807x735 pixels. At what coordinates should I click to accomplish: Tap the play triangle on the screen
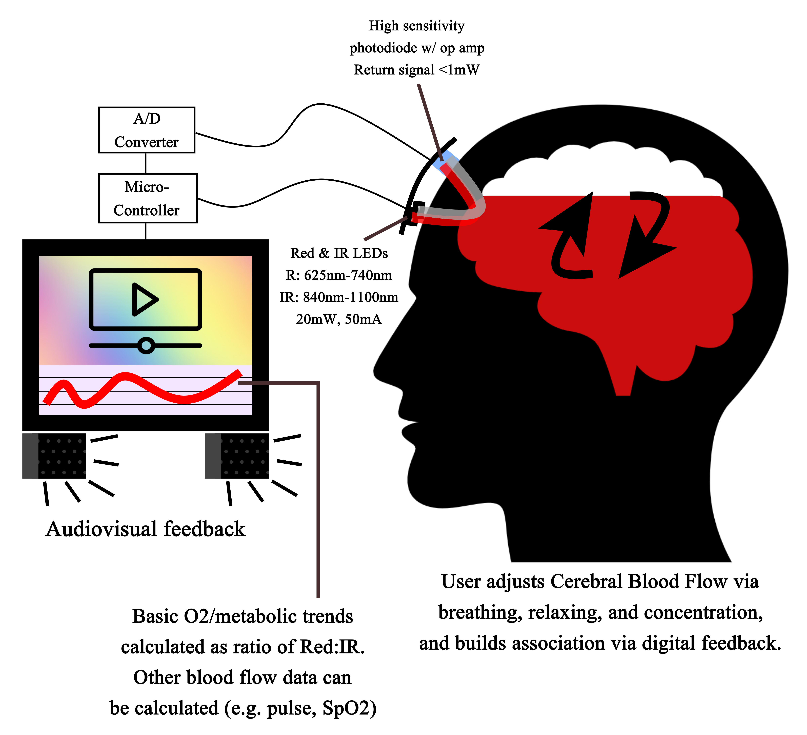coord(143,299)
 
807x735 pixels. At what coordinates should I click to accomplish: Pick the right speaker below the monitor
coord(237,456)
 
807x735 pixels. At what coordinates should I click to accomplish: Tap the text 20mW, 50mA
coord(339,319)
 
